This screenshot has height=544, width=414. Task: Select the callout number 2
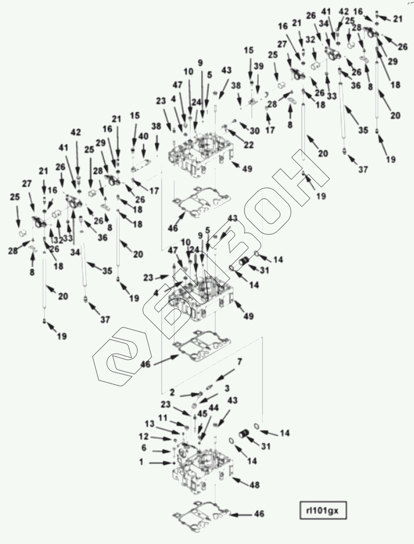(172, 392)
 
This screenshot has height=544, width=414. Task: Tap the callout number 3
(227, 389)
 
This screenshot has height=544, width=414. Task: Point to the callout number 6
(144, 448)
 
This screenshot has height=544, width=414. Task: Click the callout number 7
(239, 362)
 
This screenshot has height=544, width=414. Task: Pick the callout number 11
(163, 418)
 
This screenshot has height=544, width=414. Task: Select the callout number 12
(144, 437)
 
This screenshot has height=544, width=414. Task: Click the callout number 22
(249, 145)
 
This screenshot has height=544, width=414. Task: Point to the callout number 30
(254, 130)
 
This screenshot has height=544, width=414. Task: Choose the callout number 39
(259, 67)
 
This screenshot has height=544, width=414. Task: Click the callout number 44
(214, 408)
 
